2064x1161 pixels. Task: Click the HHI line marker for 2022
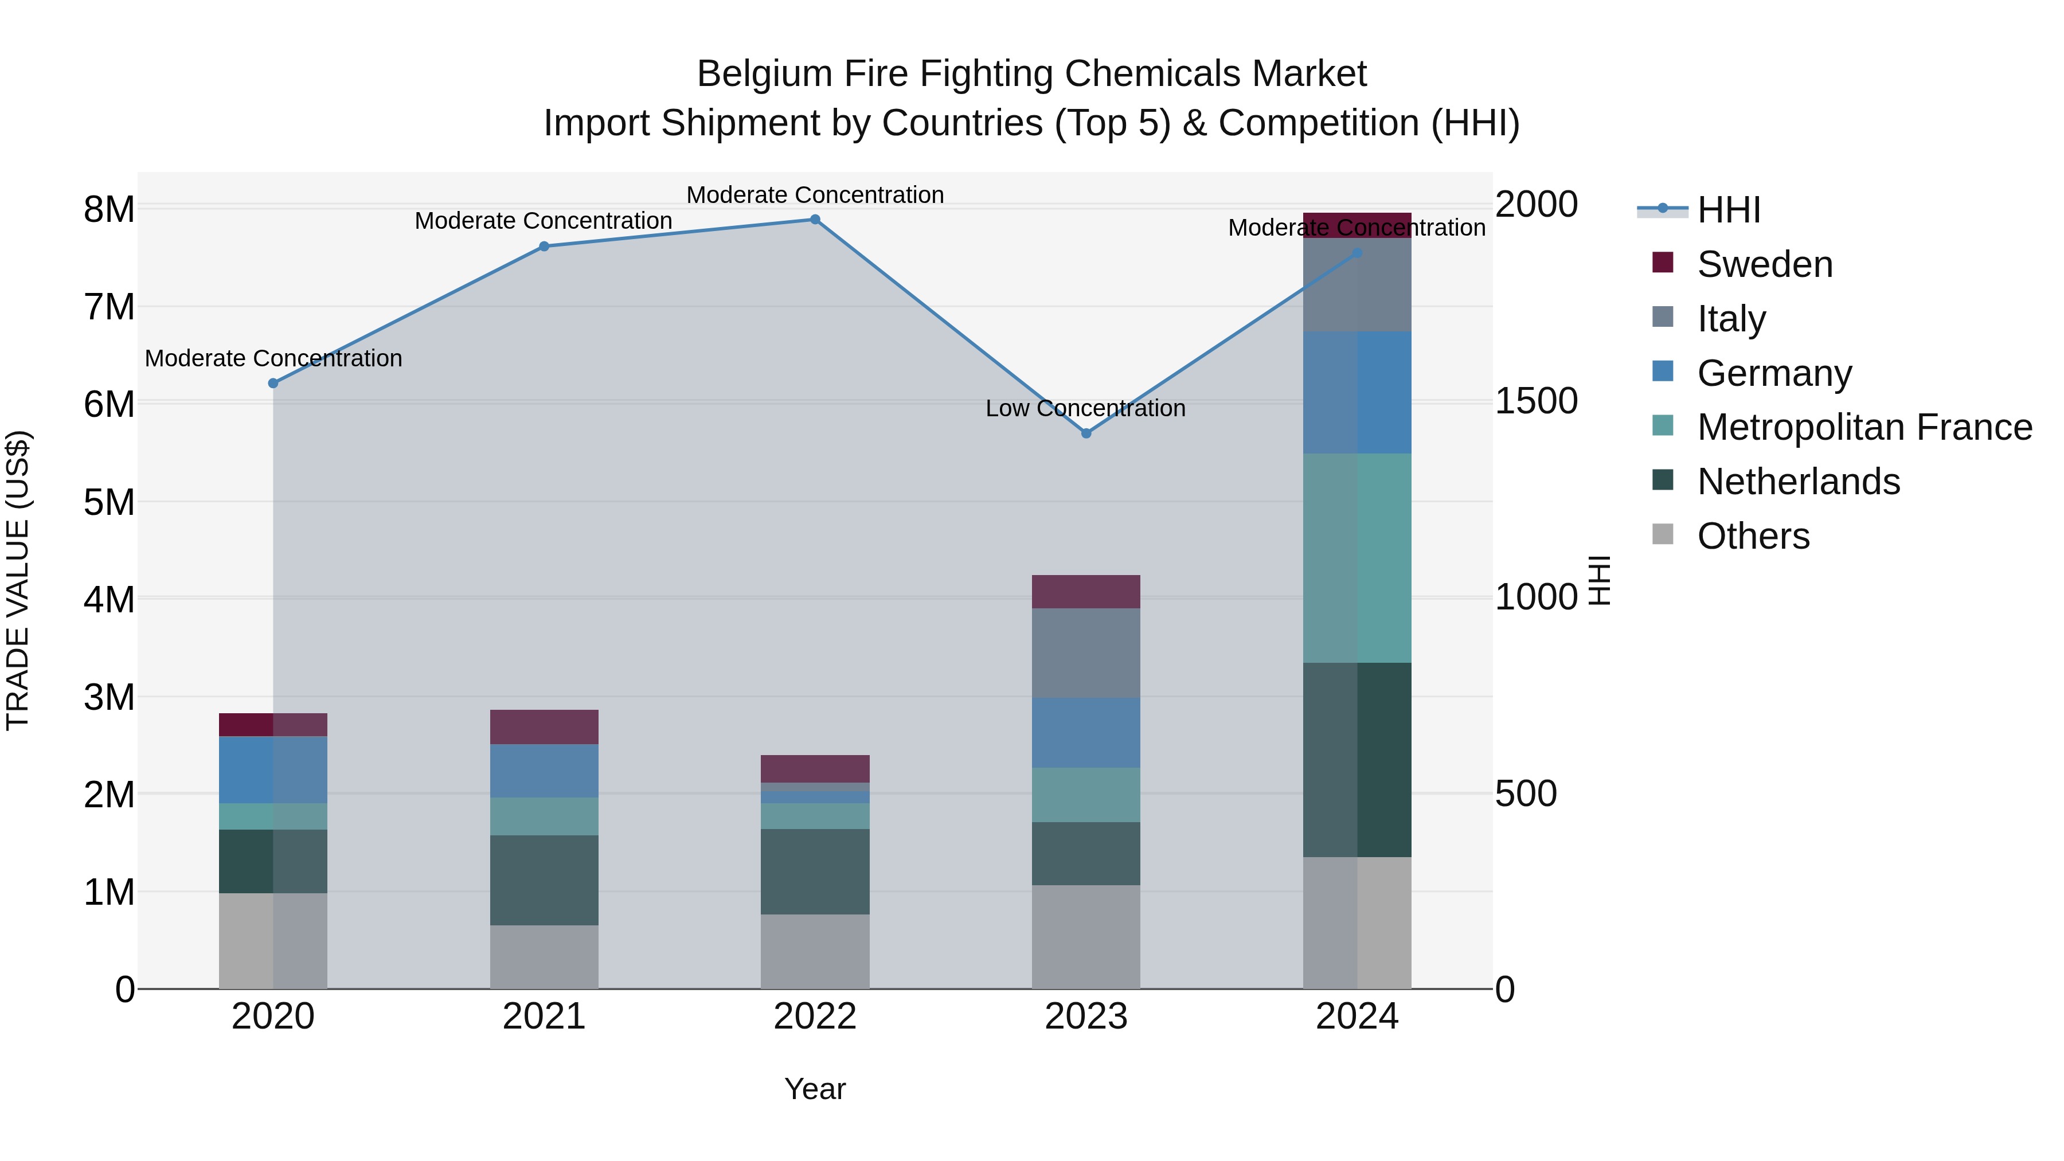(815, 220)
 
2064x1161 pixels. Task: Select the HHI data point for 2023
(1086, 433)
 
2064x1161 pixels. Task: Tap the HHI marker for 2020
(273, 384)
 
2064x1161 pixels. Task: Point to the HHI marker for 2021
(544, 247)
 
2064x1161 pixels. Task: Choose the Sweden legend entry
(1764, 264)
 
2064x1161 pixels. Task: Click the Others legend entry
(1752, 536)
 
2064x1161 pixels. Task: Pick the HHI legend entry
(1727, 210)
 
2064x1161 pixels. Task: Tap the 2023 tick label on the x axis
(1086, 1017)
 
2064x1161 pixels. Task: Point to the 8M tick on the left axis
(109, 210)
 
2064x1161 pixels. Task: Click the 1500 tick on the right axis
(1536, 401)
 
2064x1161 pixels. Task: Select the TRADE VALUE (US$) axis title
(18, 580)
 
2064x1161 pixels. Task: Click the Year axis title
(815, 1089)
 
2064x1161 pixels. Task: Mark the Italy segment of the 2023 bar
(1086, 653)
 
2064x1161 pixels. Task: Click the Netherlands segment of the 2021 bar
(544, 881)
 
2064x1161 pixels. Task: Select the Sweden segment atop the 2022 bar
(815, 768)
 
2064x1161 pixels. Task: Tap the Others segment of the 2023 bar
(1086, 937)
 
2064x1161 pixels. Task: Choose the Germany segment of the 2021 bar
(544, 771)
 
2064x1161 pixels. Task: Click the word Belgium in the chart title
(753, 75)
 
